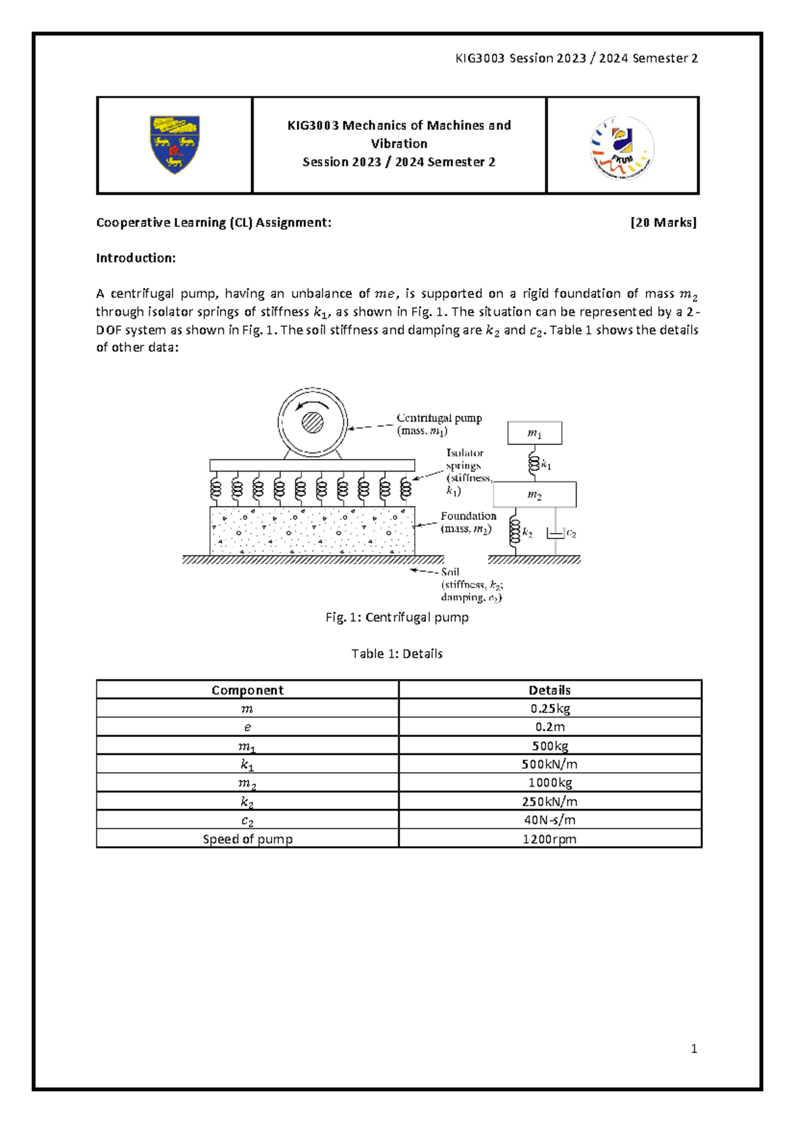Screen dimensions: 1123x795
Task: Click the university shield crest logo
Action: (174, 144)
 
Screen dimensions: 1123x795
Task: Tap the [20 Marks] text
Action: (663, 222)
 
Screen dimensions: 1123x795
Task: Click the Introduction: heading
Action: (136, 258)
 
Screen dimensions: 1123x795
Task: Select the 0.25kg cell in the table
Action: (550, 708)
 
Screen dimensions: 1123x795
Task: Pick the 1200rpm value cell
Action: (550, 839)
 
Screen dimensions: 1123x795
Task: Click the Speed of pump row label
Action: (247, 839)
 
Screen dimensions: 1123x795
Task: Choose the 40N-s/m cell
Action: (550, 820)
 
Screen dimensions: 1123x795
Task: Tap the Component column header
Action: (247, 690)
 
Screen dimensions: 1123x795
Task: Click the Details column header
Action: (550, 690)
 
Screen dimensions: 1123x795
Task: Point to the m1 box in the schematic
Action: (535, 434)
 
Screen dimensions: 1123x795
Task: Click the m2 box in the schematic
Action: (535, 495)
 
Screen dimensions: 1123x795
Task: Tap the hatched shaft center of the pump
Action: (313, 422)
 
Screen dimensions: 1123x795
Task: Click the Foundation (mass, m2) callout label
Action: (468, 522)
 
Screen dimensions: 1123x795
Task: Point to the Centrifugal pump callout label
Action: (439, 424)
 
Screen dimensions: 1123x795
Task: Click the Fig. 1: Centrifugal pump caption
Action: (397, 617)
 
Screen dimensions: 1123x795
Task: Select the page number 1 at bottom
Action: (694, 1048)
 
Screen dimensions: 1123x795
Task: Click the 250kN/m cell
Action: (550, 801)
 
